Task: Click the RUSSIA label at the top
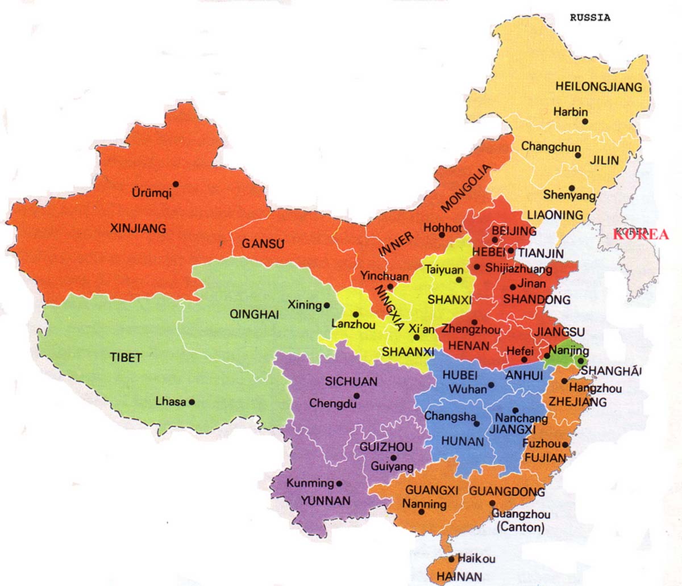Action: click(x=590, y=18)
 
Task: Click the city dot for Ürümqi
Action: click(x=176, y=183)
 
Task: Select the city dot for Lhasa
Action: click(x=192, y=402)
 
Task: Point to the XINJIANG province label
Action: click(x=138, y=229)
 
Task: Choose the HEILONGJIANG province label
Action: click(x=598, y=87)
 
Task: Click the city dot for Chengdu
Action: click(x=356, y=396)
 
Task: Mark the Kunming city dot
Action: click(x=339, y=484)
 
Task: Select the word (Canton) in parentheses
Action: click(x=520, y=528)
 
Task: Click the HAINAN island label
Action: click(x=460, y=576)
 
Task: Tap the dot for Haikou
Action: click(x=452, y=558)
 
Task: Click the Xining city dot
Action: click(x=327, y=305)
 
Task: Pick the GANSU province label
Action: click(x=262, y=244)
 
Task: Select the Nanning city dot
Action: click(x=421, y=512)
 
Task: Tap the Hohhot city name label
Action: click(x=443, y=228)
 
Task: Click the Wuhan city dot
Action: click(x=491, y=385)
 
